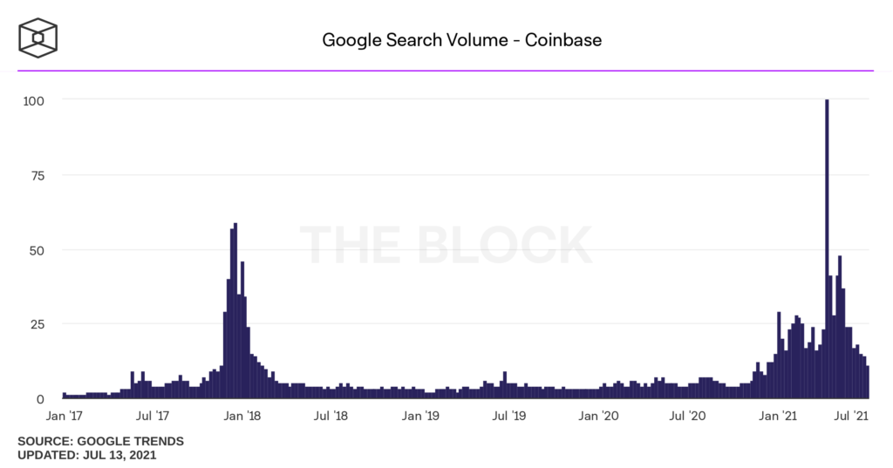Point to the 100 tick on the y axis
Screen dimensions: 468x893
tap(33, 100)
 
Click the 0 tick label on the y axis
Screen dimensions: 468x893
tap(40, 399)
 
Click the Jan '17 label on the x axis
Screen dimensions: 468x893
tap(65, 417)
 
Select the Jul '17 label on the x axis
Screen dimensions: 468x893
tap(153, 417)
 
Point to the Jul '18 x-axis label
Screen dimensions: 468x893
tap(333, 417)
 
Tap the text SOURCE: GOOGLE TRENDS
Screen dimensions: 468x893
tap(100, 441)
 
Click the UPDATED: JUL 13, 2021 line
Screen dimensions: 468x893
tap(87, 455)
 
